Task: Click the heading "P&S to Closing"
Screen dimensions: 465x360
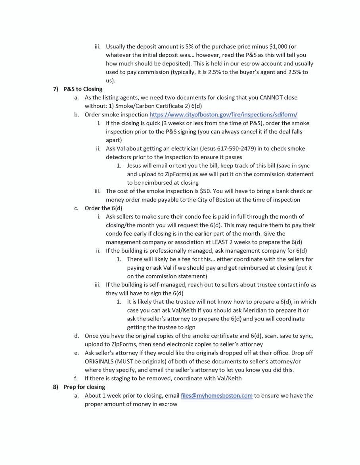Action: (x=82, y=89)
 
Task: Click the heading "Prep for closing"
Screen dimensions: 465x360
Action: (x=84, y=387)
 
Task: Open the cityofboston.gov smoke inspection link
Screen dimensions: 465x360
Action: (x=223, y=114)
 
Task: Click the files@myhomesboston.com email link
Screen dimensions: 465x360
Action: (x=216, y=395)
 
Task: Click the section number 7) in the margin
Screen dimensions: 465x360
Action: (x=56, y=89)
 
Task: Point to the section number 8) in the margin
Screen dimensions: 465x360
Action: (x=56, y=387)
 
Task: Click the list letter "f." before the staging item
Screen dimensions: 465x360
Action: (x=76, y=378)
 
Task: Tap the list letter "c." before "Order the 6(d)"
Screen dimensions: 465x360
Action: (x=76, y=208)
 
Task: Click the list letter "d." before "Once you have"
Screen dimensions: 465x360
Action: (x=76, y=336)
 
